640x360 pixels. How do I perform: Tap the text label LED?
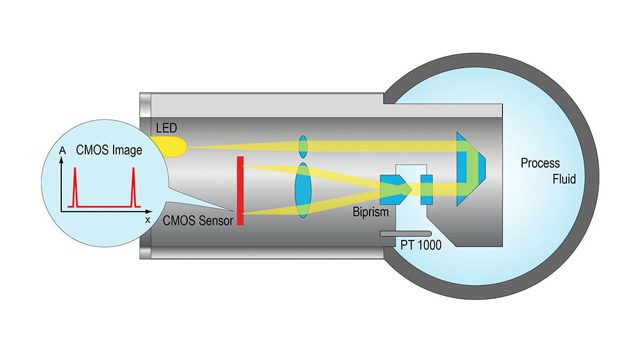(x=166, y=129)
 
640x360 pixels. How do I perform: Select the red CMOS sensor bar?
(x=240, y=190)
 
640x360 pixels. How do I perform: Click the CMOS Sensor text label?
(x=198, y=220)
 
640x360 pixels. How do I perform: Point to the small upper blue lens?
(x=303, y=146)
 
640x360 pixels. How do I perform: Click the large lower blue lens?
(x=303, y=190)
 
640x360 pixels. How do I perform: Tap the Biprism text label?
(x=371, y=212)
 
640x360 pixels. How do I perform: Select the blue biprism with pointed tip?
(x=395, y=189)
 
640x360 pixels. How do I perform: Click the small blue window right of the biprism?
(x=427, y=189)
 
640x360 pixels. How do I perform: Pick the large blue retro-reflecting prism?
(x=469, y=170)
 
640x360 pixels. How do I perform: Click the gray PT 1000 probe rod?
(x=405, y=234)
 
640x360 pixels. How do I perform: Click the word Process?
(x=540, y=163)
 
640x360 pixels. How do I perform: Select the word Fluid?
(x=564, y=179)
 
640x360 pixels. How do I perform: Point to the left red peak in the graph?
(x=75, y=187)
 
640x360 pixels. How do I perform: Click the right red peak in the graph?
(x=133, y=187)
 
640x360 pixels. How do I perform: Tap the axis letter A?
(x=63, y=151)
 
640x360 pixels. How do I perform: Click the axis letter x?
(x=148, y=219)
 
